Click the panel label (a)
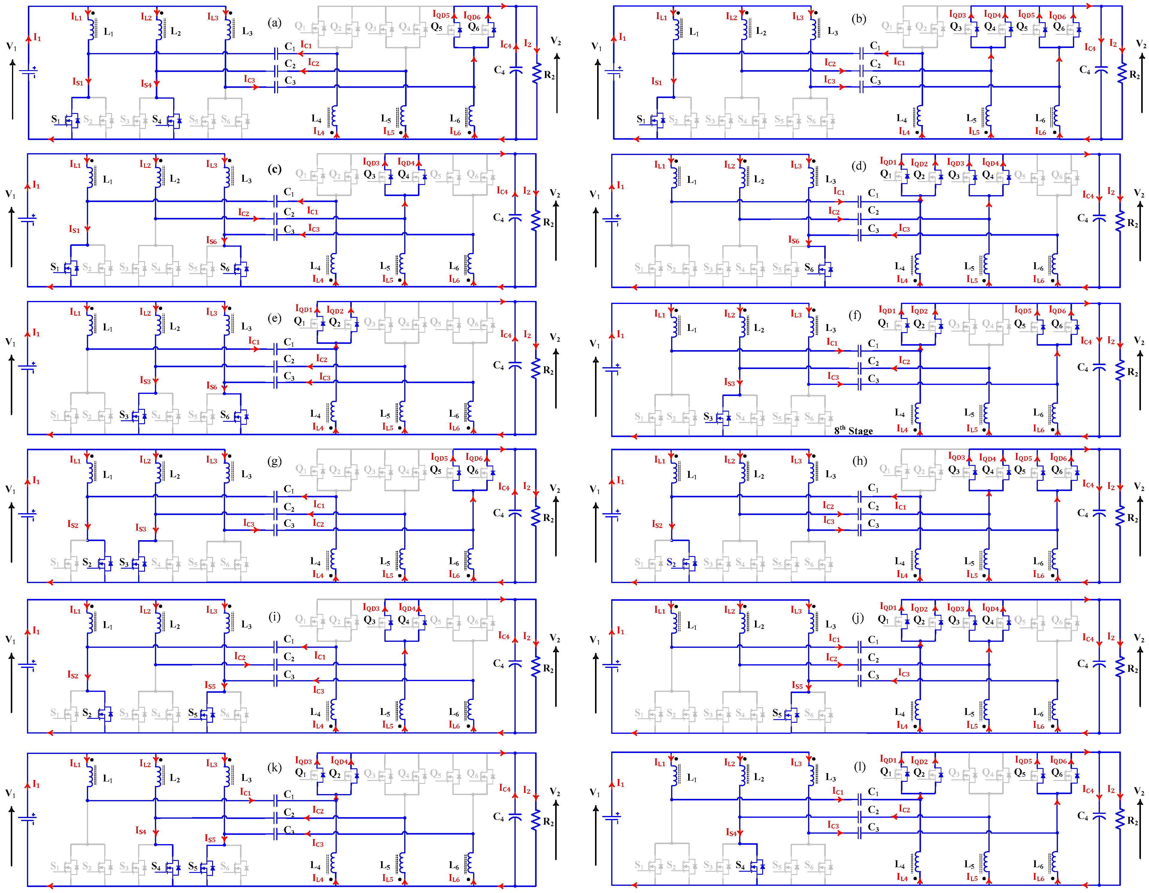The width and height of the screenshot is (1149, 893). [275, 22]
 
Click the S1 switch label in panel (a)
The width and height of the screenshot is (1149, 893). [55, 119]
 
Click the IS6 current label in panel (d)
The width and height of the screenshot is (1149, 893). [793, 240]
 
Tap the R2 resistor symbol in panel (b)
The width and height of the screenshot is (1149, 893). [1122, 74]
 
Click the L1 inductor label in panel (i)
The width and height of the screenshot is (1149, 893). [107, 625]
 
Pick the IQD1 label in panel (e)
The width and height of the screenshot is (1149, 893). [304, 309]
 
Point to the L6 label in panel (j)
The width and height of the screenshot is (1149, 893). [1038, 713]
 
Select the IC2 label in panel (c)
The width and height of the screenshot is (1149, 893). [243, 213]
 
